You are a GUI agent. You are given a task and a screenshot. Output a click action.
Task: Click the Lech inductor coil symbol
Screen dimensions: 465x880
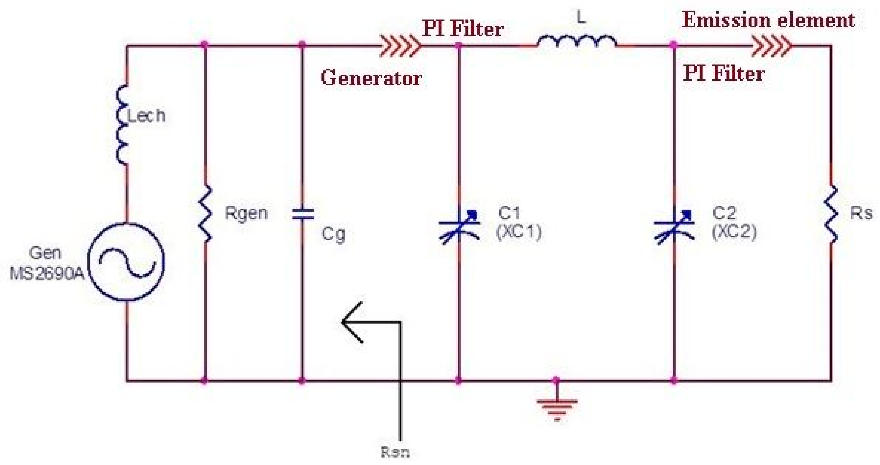point(122,125)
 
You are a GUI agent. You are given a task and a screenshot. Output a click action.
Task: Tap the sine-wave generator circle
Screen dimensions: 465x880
point(127,262)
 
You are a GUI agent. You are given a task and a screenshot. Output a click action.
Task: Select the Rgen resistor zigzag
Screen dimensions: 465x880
point(205,214)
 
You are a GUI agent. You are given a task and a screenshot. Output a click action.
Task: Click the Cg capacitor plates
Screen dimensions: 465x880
point(302,214)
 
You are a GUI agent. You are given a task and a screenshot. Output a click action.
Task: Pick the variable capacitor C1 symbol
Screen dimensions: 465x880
point(459,227)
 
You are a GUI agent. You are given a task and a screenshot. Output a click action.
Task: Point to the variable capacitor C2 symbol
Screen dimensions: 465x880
point(674,227)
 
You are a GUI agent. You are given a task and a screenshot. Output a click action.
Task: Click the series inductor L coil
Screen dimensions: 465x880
point(577,41)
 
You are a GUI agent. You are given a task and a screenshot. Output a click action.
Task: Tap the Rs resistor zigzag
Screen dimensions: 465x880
point(831,214)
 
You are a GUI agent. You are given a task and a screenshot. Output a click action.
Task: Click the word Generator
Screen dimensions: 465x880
point(371,78)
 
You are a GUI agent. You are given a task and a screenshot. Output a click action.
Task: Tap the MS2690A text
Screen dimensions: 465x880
point(47,273)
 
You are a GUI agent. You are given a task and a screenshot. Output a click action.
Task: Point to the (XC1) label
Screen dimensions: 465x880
point(519,232)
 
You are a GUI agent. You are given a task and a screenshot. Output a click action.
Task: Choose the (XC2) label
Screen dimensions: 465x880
point(734,232)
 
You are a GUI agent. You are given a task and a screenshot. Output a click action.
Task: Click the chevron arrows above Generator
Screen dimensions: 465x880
point(400,45)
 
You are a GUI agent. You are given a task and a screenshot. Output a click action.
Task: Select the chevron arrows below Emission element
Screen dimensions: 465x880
point(771,45)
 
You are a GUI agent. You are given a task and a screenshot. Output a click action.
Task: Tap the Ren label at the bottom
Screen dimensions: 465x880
point(395,452)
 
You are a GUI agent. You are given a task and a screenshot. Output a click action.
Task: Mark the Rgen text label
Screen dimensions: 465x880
point(246,213)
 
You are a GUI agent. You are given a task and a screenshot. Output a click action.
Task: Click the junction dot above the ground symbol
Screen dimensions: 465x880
point(556,380)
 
